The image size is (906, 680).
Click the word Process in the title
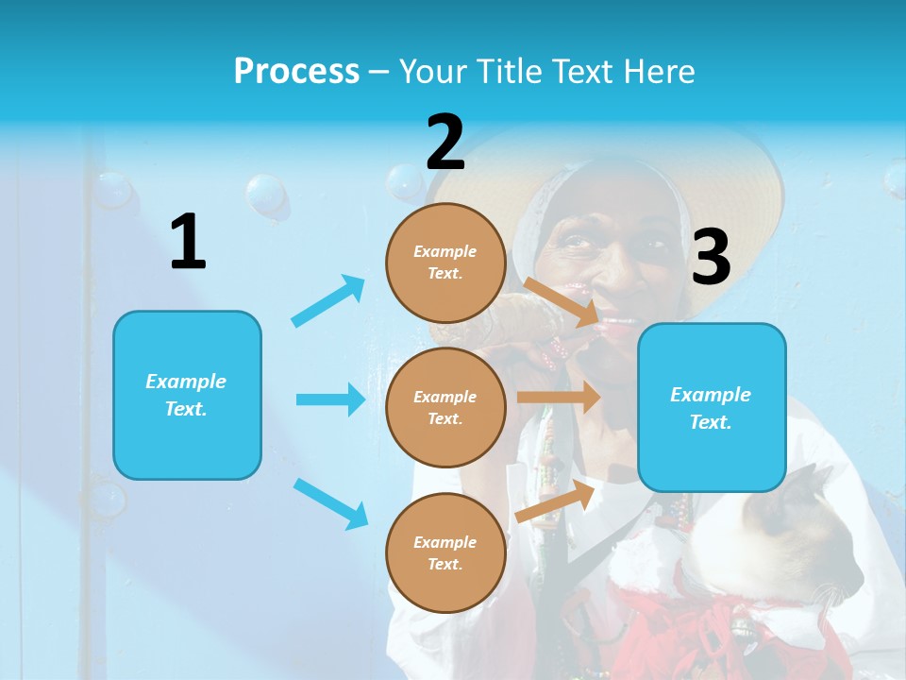pos(296,72)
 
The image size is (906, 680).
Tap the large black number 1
pos(188,243)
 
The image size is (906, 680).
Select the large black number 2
pos(445,143)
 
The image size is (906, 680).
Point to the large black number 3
pos(711,258)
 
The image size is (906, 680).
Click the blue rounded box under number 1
pos(187,395)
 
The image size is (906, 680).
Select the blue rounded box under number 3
pos(712,408)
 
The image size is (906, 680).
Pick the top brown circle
pos(445,263)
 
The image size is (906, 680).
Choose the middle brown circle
pos(445,407)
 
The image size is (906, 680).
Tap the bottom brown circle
pos(445,552)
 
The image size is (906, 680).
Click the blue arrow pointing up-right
pos(328,300)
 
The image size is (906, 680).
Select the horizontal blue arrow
pos(330,399)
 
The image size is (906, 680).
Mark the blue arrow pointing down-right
pos(330,503)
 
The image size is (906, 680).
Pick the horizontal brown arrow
pos(559,398)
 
